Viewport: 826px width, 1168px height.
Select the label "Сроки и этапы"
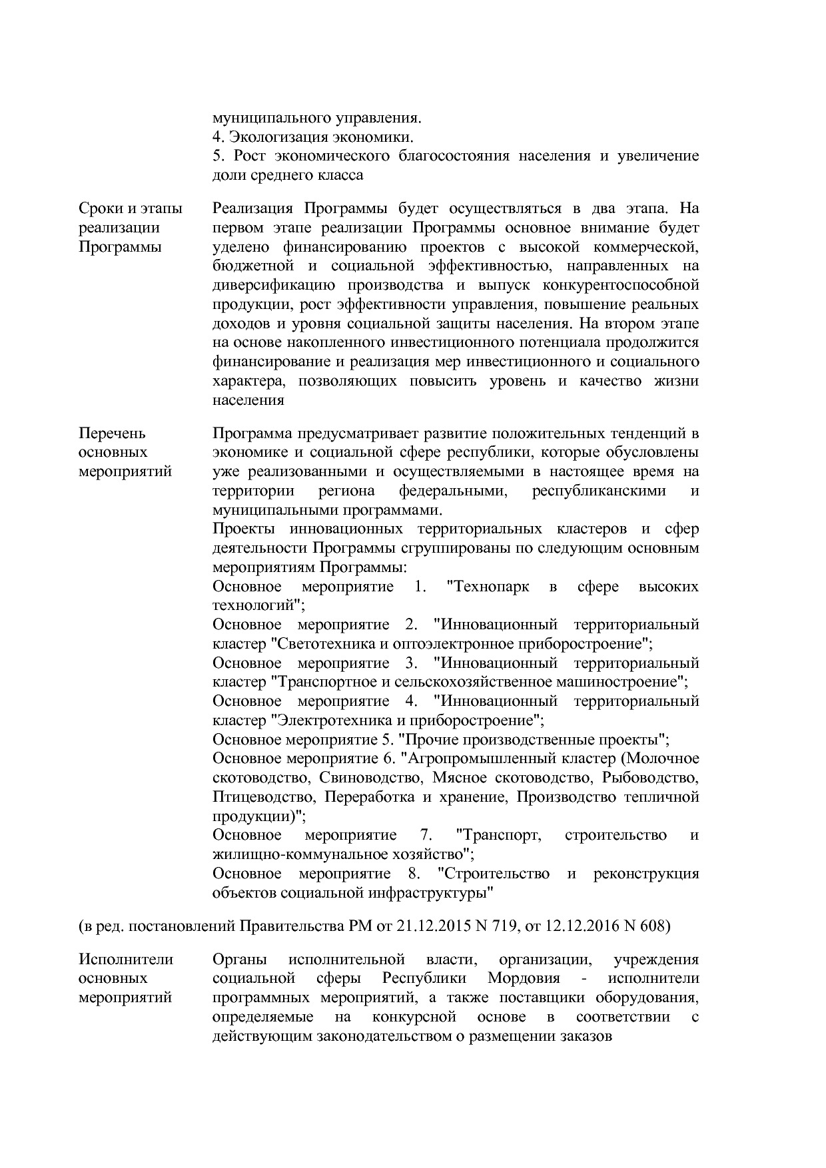[x=130, y=208]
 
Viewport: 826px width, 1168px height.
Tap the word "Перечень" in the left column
[x=112, y=434]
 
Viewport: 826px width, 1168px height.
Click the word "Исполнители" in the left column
[x=126, y=960]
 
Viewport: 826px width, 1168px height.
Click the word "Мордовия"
[x=524, y=978]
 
